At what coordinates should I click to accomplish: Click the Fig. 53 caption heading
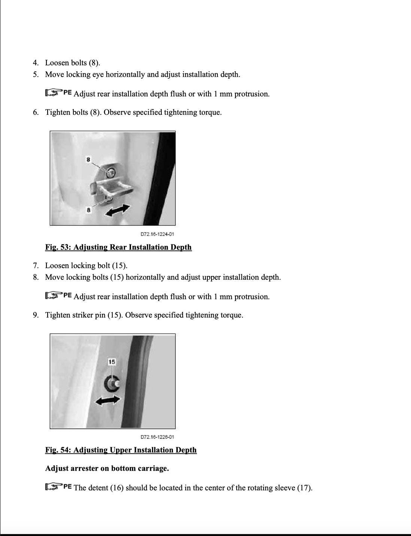point(118,247)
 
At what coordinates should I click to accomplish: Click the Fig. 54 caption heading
point(121,450)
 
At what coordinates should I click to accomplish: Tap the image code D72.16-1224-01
point(157,234)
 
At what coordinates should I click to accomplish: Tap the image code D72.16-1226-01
point(157,437)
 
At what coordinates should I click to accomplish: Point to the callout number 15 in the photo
point(112,362)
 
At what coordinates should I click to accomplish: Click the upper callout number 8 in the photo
point(88,160)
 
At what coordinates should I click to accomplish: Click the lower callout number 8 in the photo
point(88,210)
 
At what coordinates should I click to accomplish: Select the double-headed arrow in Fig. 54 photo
point(108,401)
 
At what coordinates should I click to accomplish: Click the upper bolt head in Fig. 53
point(111,173)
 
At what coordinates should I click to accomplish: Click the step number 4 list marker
point(36,63)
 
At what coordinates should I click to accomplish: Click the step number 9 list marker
point(36,315)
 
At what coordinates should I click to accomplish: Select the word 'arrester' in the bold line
point(84,469)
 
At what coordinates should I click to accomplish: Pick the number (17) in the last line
point(304,488)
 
